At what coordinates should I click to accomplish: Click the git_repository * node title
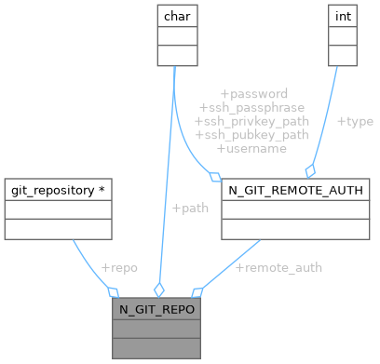click(58, 190)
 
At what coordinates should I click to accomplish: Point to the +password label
click(253, 94)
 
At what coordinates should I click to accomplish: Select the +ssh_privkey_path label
click(251, 121)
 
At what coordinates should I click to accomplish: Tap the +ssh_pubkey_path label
click(251, 135)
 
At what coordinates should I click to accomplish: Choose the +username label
click(251, 148)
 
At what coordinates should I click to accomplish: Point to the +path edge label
click(190, 208)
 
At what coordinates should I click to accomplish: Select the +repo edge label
click(118, 267)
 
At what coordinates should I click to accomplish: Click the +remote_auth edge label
click(278, 267)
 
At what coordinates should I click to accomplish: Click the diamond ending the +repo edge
click(113, 291)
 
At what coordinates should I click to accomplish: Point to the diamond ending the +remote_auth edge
click(196, 291)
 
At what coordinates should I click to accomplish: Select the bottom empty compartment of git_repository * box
click(58, 229)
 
